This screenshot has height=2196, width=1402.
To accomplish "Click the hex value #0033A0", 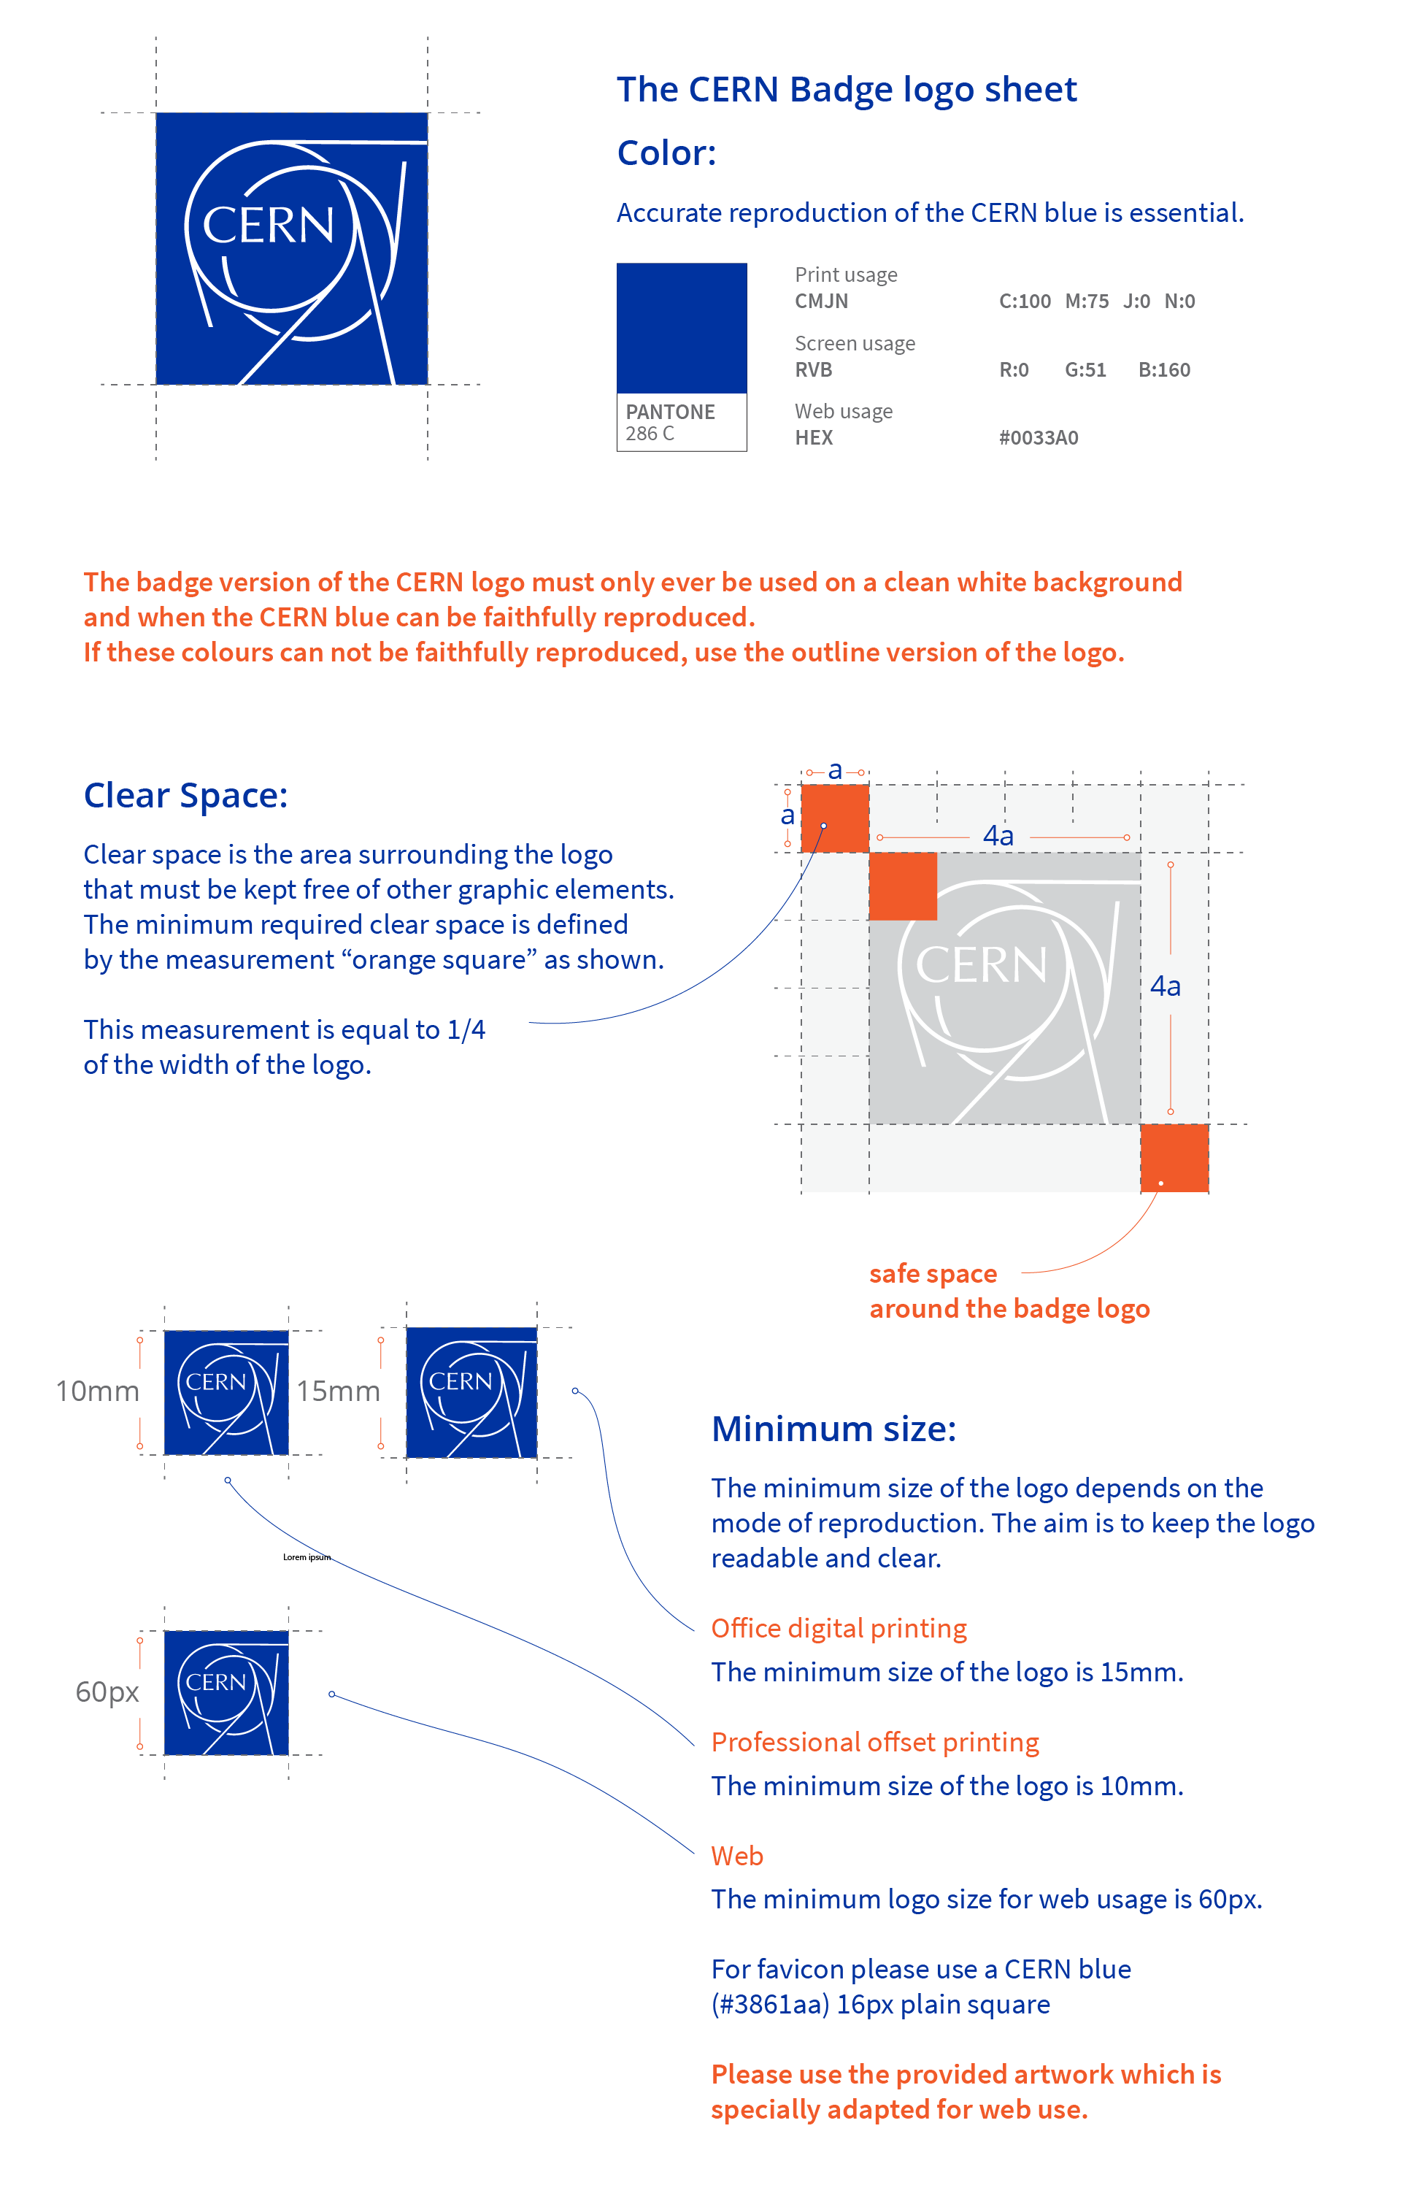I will pos(1039,438).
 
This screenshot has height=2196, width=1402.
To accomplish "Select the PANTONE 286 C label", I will pos(670,422).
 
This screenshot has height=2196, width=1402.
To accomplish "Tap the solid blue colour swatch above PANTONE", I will pos(681,327).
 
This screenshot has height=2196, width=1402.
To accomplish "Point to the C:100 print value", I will pos(1024,301).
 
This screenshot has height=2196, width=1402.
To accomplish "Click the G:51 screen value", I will pos(1085,369).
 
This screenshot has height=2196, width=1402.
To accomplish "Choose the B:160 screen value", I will pos(1164,369).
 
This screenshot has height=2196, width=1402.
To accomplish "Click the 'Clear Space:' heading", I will pos(185,795).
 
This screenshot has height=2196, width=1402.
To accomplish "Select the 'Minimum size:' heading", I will pos(833,1428).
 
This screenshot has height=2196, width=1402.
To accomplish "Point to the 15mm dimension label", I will pos(338,1391).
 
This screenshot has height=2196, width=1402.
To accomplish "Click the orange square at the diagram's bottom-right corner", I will pos(1174,1157).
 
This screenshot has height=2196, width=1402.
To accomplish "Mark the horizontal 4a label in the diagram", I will pos(998,835).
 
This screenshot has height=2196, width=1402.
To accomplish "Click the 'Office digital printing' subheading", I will pos(839,1628).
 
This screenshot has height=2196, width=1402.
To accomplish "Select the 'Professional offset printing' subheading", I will pos(874,1742).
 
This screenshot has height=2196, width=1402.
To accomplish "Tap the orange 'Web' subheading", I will pos(736,1856).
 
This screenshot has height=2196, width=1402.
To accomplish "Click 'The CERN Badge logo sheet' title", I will pos(846,89).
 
